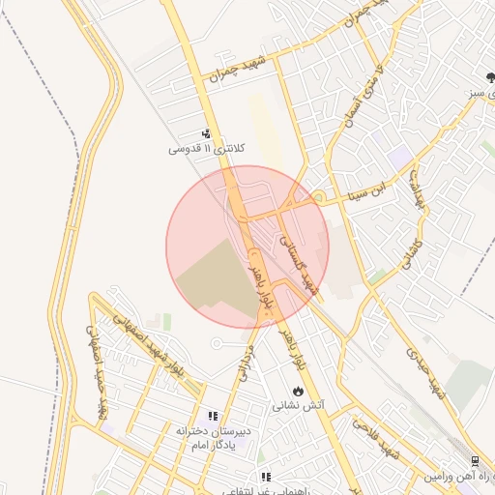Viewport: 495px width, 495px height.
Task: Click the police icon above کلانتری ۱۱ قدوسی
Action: pos(206,134)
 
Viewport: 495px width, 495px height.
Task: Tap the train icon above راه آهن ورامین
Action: pos(475,461)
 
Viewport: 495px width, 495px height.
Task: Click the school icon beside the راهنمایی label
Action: pos(266,477)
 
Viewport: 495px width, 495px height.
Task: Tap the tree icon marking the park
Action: pos(490,77)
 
